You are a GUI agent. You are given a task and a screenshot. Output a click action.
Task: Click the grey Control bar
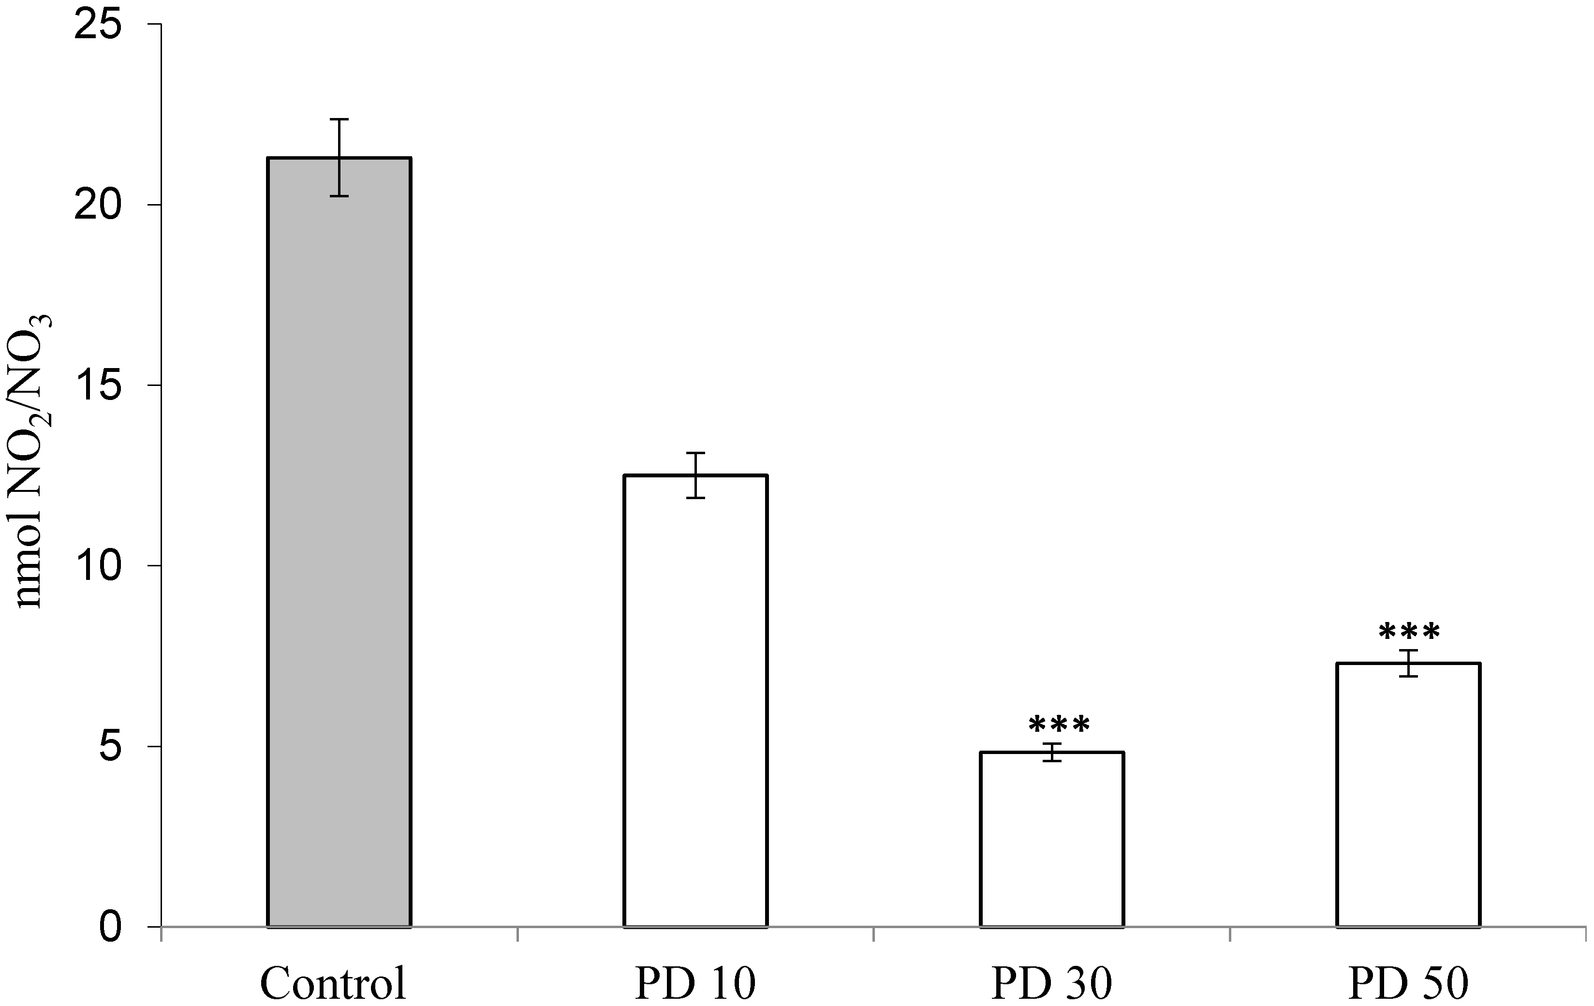[x=339, y=543]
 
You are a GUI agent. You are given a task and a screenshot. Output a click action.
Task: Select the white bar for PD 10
[x=695, y=702]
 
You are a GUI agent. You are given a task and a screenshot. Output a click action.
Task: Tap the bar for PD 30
[x=1052, y=840]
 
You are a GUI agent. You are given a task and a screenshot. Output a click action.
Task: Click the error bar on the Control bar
[x=339, y=158]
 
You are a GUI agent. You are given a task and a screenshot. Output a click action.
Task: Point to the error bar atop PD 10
[x=695, y=475]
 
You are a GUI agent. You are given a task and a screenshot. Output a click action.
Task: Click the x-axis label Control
[x=333, y=983]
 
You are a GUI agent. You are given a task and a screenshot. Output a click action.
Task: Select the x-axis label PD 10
[x=695, y=983]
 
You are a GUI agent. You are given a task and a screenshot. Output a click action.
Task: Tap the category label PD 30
[x=1052, y=983]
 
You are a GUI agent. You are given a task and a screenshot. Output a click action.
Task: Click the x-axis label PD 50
[x=1408, y=983]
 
